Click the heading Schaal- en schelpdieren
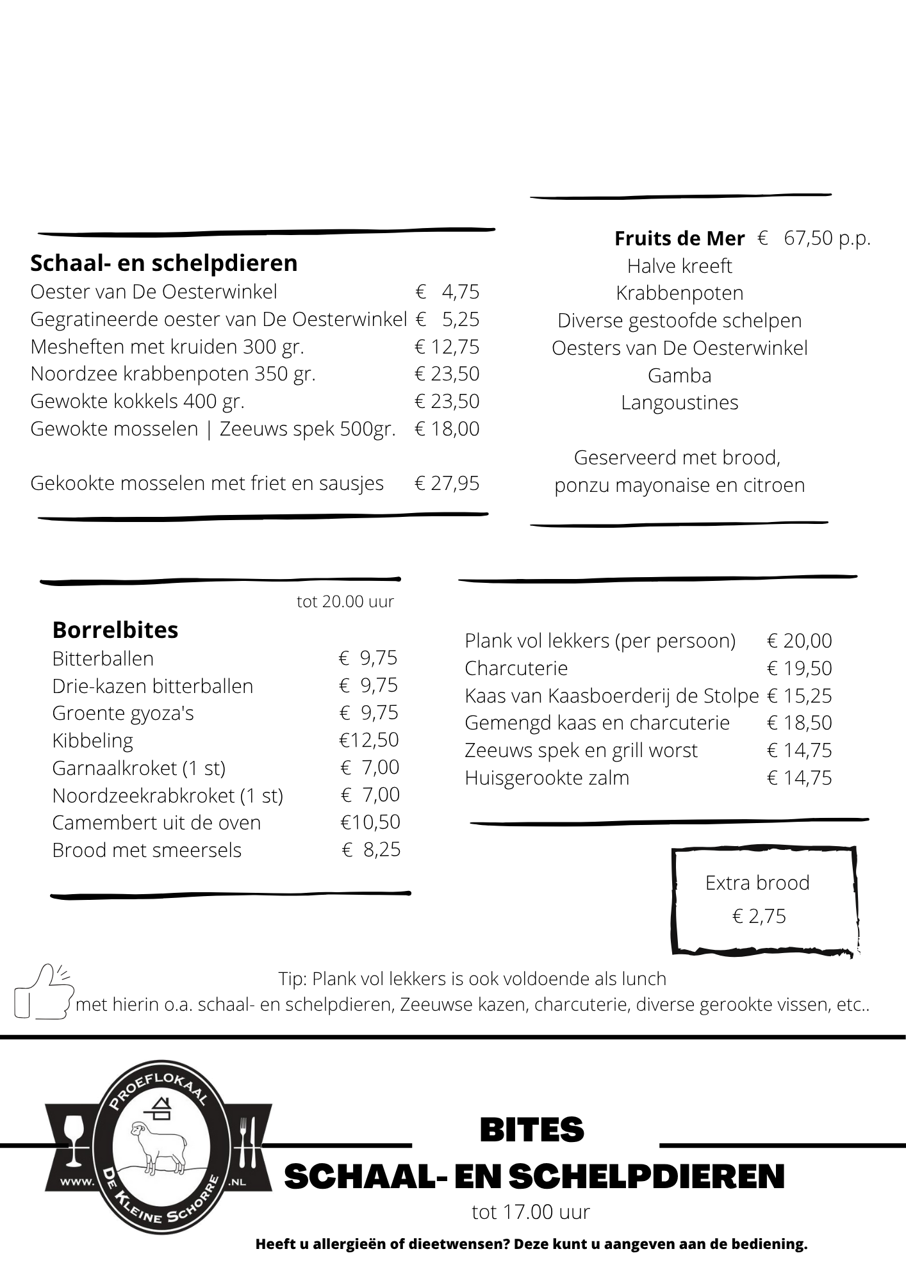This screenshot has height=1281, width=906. (x=164, y=263)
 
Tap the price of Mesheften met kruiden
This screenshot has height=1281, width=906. (x=447, y=347)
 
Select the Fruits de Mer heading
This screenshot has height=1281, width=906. (x=679, y=238)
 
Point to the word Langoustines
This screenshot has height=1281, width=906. (x=679, y=402)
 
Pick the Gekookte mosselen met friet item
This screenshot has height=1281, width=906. (x=207, y=483)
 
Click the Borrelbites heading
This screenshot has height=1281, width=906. (x=115, y=630)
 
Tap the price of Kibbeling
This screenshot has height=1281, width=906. (x=368, y=740)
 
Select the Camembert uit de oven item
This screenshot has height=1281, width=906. (x=156, y=822)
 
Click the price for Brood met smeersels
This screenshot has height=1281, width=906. (x=371, y=849)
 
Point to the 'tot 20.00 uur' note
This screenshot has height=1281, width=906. (x=345, y=601)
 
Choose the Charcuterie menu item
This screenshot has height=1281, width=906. (x=516, y=668)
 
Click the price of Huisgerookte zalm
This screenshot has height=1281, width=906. (x=799, y=778)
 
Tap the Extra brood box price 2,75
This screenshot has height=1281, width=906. (x=759, y=916)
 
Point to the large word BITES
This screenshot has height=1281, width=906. (x=532, y=1130)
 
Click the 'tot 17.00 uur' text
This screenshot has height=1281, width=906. (x=531, y=1212)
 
